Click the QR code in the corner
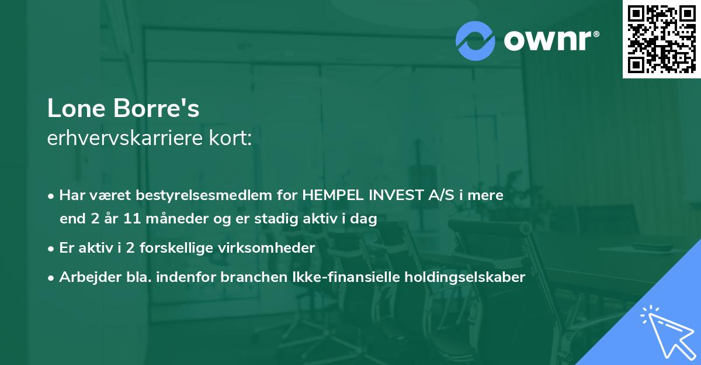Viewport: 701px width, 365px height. coord(661,39)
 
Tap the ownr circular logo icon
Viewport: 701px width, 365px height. coord(475,41)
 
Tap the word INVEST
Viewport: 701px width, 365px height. coord(397,195)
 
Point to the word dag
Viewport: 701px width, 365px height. coord(364,219)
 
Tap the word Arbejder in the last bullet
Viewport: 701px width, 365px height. coord(86,277)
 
